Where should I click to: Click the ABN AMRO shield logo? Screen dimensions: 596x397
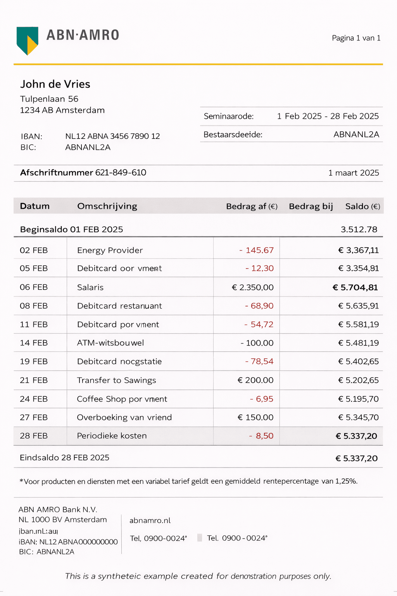27,40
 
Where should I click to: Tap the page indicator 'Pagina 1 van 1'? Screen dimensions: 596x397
356,38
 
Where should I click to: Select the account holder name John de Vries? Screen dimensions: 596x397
55,84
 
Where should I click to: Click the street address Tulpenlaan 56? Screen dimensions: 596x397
49,99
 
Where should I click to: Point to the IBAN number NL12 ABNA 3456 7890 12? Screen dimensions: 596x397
112,136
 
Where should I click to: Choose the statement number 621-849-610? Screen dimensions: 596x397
121,173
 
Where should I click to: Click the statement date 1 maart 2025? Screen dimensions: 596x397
354,173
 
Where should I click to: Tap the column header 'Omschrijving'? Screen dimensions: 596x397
107,206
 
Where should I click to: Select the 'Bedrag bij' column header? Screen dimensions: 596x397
311,206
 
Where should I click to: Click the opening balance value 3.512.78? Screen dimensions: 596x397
359,229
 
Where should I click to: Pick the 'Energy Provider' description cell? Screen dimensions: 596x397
110,250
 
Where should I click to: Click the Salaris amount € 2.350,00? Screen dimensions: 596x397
253,288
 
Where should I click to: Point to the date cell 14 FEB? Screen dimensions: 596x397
34,343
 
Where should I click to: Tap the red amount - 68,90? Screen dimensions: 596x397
259,306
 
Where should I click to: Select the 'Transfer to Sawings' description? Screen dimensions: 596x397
116,380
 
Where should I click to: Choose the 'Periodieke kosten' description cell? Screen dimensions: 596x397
112,436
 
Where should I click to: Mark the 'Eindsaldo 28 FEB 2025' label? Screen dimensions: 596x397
64,458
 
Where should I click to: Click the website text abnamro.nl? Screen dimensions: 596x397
150,521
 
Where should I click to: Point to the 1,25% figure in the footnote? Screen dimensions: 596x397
346,482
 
